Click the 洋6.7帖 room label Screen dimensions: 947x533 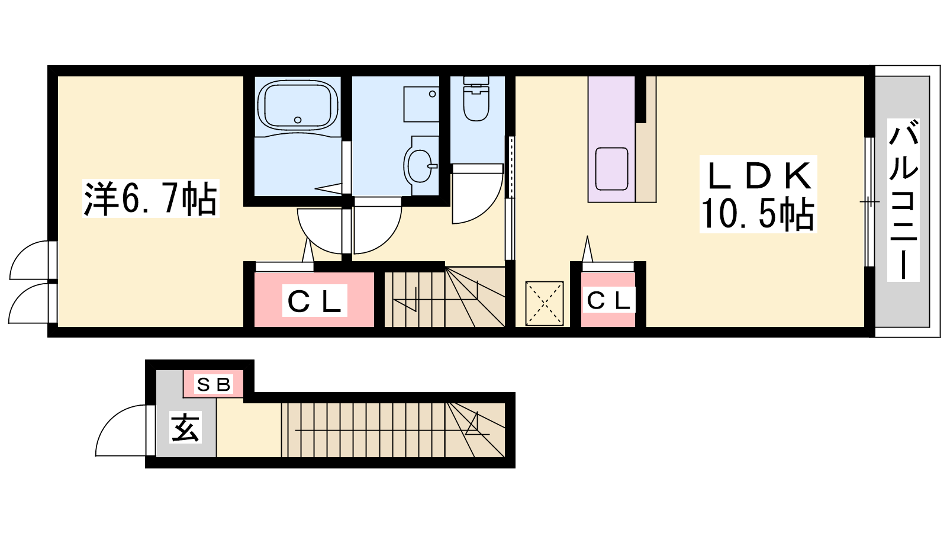tap(150, 198)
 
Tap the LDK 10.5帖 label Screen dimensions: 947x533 tap(758, 194)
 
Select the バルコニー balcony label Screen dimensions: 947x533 tap(903, 200)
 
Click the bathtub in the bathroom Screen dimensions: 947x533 tap(298, 105)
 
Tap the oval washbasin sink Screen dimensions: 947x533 tap(420, 166)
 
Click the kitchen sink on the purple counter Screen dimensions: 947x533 tap(611, 169)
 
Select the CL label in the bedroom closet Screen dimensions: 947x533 tap(314, 301)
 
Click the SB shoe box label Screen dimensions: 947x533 tap(214, 384)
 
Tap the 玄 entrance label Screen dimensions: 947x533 tap(186, 427)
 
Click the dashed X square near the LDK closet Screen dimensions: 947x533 tap(545, 304)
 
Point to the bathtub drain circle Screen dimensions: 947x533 tap(298, 120)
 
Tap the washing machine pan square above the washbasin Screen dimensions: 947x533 tap(421, 104)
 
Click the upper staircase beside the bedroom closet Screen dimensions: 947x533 tap(444, 297)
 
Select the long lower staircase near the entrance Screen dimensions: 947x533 tap(393, 430)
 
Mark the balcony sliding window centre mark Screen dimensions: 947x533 tap(869, 202)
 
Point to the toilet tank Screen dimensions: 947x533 tap(476, 81)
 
